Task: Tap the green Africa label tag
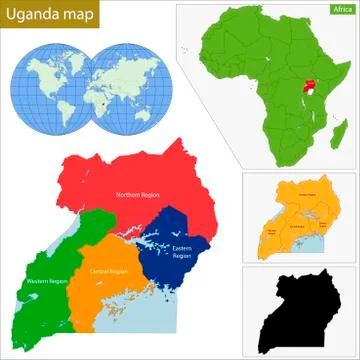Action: [343, 9]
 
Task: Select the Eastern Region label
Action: [182, 251]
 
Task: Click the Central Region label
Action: [108, 271]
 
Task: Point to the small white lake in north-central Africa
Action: [245, 60]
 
